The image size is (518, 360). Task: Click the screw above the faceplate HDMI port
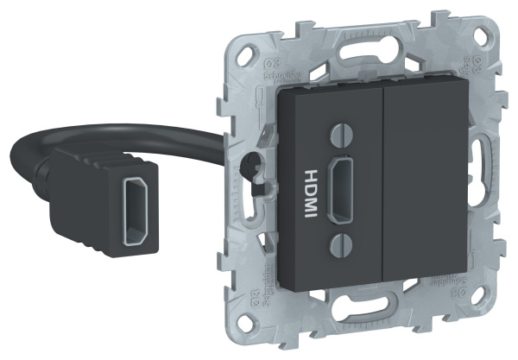(341, 135)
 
